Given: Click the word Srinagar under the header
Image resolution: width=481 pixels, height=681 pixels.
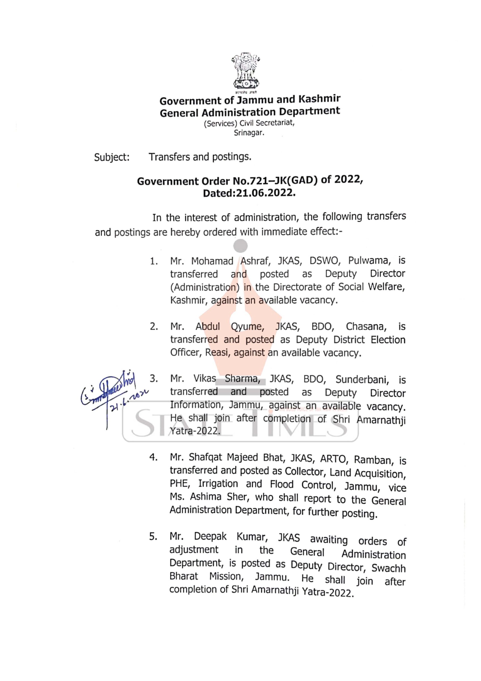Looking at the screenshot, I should coord(249,133).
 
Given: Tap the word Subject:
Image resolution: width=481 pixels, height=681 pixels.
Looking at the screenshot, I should coord(112,157).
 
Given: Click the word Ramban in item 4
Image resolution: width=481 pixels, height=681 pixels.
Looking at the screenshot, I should coord(374,460).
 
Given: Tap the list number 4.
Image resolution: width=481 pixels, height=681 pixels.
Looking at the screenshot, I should coord(153,458).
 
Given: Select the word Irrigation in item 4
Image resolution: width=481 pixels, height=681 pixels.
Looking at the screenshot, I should coord(218,484).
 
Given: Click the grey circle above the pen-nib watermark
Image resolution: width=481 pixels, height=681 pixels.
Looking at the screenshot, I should coord(240,246).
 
